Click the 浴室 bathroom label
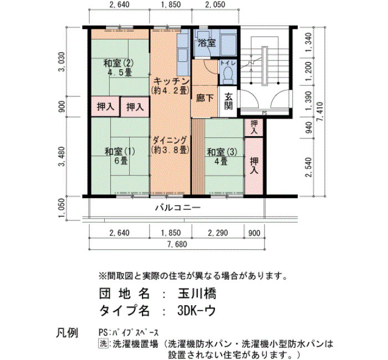[x=207, y=43]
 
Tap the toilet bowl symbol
[x=228, y=74]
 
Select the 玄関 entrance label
[x=228, y=101]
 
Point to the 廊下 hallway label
[x=205, y=98]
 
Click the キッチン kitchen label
[x=171, y=81]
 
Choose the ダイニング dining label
[x=170, y=140]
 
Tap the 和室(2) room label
[x=119, y=64]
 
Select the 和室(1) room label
[x=120, y=151]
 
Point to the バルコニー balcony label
[x=178, y=208]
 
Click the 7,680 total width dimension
[x=177, y=244]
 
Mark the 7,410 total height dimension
[x=320, y=111]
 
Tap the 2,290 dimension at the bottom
[x=218, y=233]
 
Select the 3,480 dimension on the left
[x=62, y=156]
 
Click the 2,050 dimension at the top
[x=215, y=4]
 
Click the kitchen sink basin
[x=183, y=54]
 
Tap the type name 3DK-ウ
[x=196, y=311]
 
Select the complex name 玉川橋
[x=197, y=294]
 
